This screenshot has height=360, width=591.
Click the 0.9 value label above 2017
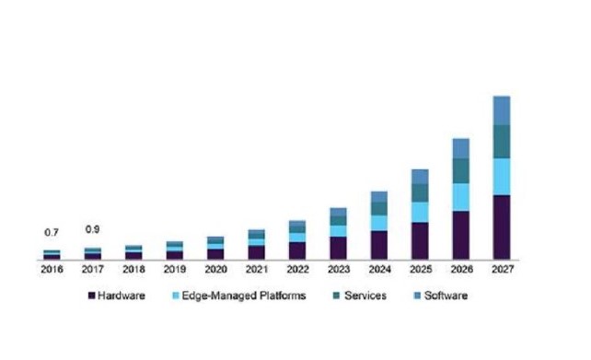[x=92, y=229]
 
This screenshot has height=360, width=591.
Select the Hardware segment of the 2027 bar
[x=501, y=226]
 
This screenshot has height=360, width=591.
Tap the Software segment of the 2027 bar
[x=501, y=110]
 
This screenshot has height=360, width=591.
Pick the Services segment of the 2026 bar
[x=460, y=170]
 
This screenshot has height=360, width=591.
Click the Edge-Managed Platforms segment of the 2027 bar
[x=501, y=176]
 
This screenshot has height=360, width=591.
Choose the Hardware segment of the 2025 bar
[x=419, y=240]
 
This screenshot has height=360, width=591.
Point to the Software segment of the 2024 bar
[x=378, y=197]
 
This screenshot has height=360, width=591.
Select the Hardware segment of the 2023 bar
[x=338, y=248]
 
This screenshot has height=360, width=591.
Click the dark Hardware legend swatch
[x=92, y=296]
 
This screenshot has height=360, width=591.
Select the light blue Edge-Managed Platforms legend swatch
[x=177, y=296]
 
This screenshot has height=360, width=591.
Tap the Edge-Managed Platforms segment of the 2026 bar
[x=460, y=197]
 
